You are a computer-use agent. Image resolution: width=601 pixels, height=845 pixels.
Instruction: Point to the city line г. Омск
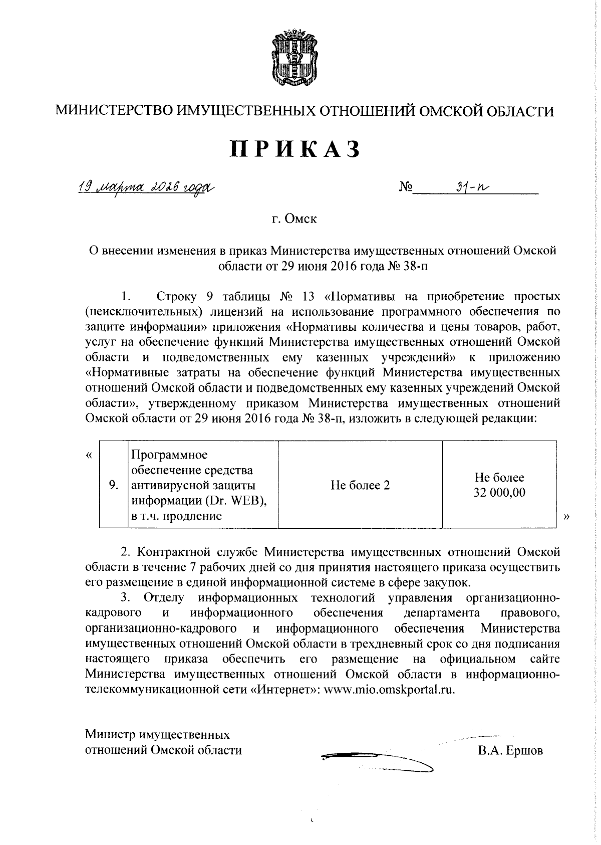tap(295, 220)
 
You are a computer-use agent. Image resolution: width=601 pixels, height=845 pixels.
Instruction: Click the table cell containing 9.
tap(114, 485)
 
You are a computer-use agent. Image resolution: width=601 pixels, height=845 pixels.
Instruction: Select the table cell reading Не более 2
tap(360, 485)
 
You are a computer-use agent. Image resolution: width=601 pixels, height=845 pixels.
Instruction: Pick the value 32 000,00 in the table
tap(499, 493)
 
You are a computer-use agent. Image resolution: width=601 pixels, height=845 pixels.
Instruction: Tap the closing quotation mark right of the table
tap(566, 516)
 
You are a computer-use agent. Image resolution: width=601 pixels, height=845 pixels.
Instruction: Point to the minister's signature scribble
tap(376, 760)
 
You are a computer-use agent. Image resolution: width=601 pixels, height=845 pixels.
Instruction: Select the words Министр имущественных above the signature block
tap(158, 735)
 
